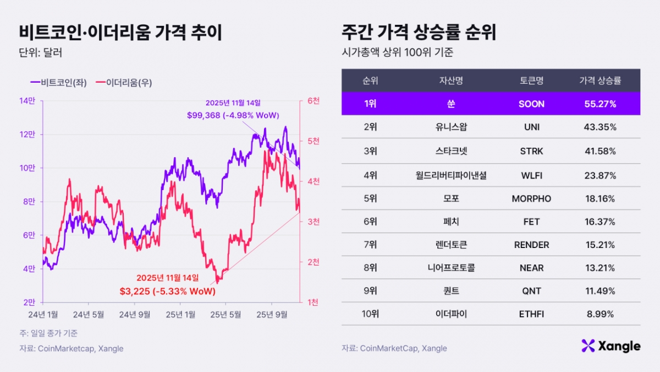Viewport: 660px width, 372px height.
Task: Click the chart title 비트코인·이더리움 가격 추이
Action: click(x=120, y=33)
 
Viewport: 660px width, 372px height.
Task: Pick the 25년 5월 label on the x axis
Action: click(x=226, y=315)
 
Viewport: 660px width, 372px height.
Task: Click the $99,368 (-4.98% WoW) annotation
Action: click(x=233, y=115)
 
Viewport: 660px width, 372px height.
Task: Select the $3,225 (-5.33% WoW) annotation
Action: click(x=167, y=290)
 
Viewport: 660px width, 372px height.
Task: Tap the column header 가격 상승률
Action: click(x=599, y=80)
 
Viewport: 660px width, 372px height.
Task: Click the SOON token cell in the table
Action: click(x=531, y=104)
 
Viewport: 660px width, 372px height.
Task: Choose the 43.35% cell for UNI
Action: click(x=599, y=127)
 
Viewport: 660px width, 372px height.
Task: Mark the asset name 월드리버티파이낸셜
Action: click(x=451, y=175)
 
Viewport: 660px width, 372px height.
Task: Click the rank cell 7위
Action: click(x=370, y=245)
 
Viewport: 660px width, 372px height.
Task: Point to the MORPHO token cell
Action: click(x=531, y=198)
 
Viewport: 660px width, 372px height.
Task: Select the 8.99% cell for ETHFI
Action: click(x=599, y=314)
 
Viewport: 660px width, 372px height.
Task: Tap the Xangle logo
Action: click(x=610, y=346)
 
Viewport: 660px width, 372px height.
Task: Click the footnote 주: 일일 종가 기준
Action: click(x=48, y=333)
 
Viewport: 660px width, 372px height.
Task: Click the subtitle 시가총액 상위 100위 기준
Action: click(x=398, y=53)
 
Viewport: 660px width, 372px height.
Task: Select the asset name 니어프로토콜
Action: click(x=451, y=268)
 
